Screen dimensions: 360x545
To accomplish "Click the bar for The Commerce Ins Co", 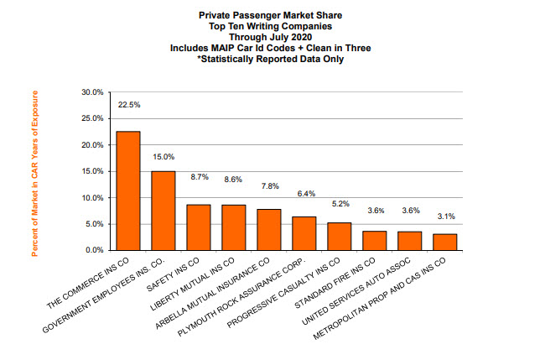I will (x=127, y=191).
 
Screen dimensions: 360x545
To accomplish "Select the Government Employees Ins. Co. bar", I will (x=163, y=211).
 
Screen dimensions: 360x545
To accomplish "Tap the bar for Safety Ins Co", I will (x=198, y=227).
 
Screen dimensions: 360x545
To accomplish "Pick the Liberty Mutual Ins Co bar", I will (x=233, y=227).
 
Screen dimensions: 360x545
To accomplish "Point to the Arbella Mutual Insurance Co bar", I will (x=268, y=230).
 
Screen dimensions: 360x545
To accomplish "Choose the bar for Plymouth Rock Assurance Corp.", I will (x=304, y=233).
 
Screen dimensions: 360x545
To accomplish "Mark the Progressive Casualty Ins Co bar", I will (x=339, y=237).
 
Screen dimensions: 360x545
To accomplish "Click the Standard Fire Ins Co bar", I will (x=374, y=241).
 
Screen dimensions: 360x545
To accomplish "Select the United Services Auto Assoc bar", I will (x=409, y=241).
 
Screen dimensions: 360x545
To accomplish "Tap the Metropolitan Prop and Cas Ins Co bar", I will (x=444, y=243).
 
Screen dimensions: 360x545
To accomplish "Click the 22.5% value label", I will (x=128, y=105).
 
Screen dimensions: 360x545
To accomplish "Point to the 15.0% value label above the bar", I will (x=163, y=157).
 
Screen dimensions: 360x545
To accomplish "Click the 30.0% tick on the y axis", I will (x=92, y=92).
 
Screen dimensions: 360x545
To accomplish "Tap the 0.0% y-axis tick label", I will (x=95, y=251).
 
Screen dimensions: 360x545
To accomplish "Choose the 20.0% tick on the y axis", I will (x=92, y=145).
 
